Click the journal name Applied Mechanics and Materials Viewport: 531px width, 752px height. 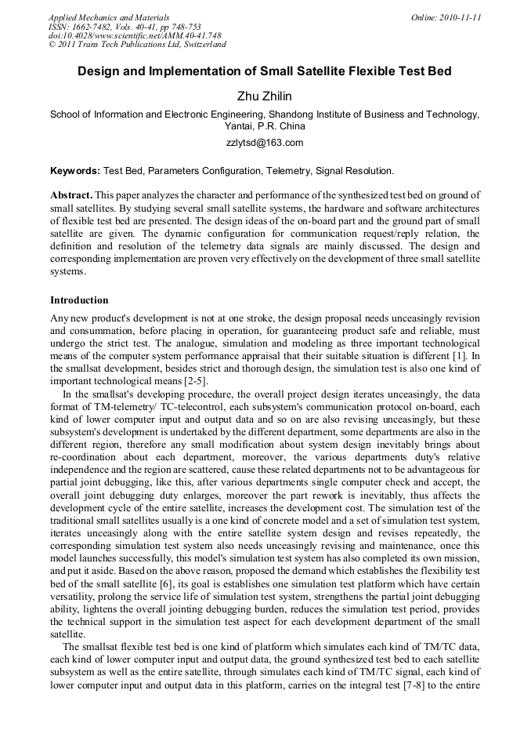pyautogui.click(x=109, y=16)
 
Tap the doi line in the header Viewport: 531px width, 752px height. pyautogui.click(x=135, y=35)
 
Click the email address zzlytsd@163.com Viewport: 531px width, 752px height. pyautogui.click(x=265, y=143)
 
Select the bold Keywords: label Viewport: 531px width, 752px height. pyautogui.click(x=75, y=170)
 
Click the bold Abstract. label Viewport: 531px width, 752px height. pyautogui.click(x=72, y=194)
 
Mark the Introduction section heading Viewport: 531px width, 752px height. pyautogui.click(x=79, y=300)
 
